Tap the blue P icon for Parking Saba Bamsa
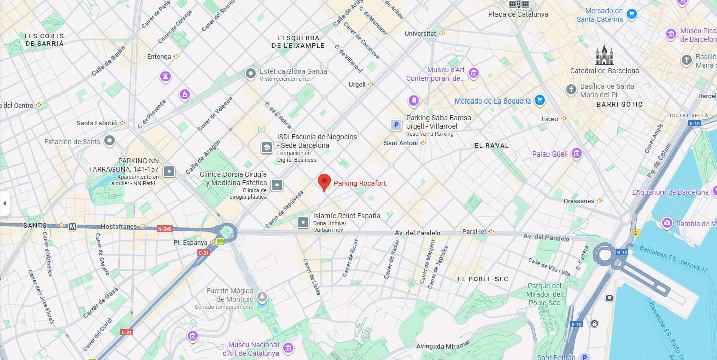pos(396,125)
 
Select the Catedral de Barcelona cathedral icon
pos(604,55)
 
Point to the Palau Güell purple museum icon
pos(577,153)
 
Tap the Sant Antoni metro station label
pos(401,143)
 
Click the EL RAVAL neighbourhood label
pos(491,145)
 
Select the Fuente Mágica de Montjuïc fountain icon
pos(262,297)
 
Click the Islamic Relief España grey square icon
pos(303,221)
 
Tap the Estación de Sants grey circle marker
pos(109,141)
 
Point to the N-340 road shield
pos(164,229)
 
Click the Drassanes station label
pos(579,201)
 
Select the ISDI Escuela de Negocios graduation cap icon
pos(266,147)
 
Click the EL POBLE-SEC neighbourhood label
pos(482,279)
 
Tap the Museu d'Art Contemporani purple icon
pos(473,74)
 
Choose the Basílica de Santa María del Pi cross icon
pos(571,90)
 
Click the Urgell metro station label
pos(357,84)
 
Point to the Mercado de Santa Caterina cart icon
pos(631,14)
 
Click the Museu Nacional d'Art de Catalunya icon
pos(288,348)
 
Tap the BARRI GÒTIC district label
pos(620,104)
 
